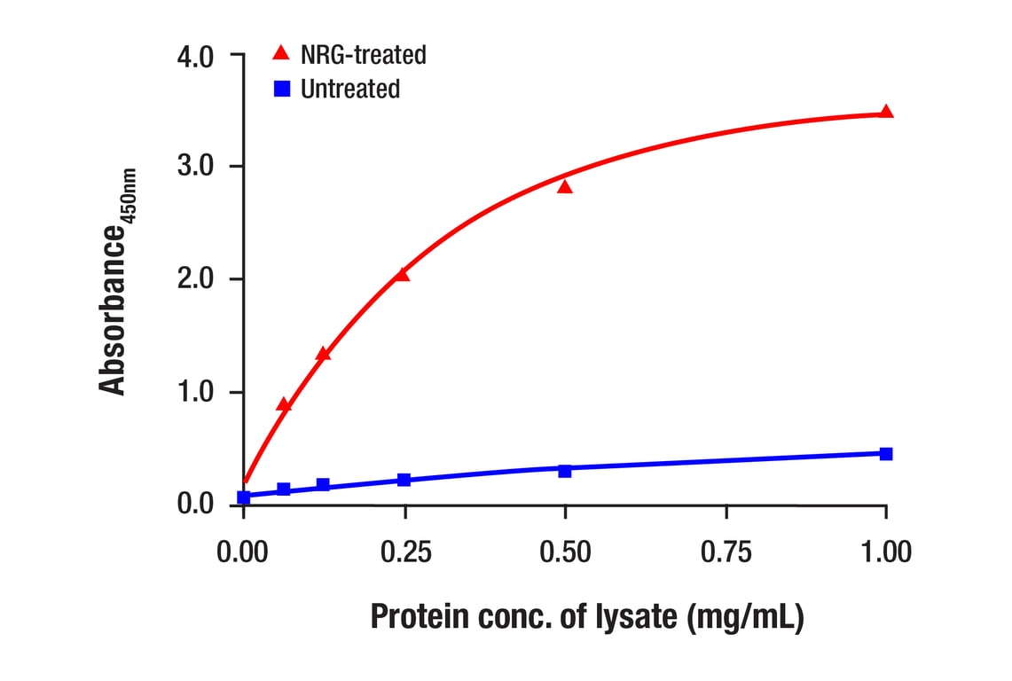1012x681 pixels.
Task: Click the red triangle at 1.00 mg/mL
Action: (x=886, y=113)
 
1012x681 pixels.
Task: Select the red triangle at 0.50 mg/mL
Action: (x=565, y=187)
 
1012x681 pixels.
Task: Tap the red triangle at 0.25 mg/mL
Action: (x=403, y=275)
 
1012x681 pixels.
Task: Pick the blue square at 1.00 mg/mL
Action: (x=886, y=453)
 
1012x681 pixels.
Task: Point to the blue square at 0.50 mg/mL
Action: (x=565, y=471)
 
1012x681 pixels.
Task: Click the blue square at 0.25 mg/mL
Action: (x=404, y=480)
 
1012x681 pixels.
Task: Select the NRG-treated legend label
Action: (x=364, y=55)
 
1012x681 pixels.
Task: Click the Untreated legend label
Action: (x=350, y=89)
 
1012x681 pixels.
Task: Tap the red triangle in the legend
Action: (x=281, y=54)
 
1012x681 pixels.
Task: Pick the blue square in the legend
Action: (x=281, y=89)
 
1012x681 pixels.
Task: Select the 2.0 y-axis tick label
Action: (x=196, y=280)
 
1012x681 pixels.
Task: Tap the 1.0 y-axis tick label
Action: (x=196, y=393)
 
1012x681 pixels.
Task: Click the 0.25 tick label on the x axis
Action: (x=404, y=552)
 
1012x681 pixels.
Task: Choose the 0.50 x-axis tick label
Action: (x=565, y=552)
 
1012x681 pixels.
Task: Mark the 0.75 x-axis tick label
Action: (x=726, y=552)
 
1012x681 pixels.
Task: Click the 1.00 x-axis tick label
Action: (x=885, y=552)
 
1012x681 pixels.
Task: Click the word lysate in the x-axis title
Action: (x=634, y=617)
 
